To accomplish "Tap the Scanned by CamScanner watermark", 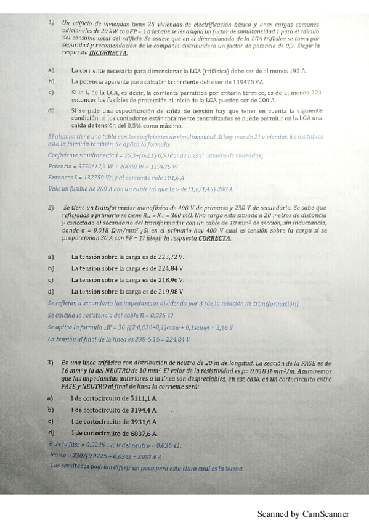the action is [x=303, y=514].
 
